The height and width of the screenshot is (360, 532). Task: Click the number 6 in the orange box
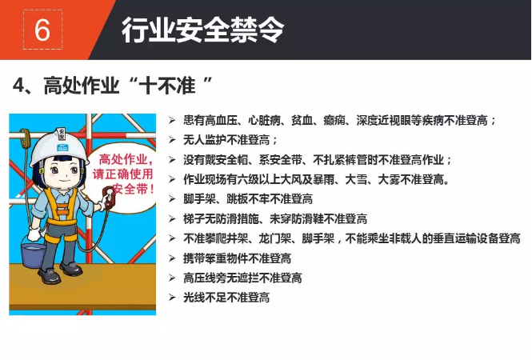pyautogui.click(x=42, y=30)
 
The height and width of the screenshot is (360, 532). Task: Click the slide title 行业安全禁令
pyautogui.click(x=202, y=30)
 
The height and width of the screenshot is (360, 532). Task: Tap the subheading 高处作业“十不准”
pyautogui.click(x=129, y=85)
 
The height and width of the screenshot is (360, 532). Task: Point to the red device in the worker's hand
pyautogui.click(x=109, y=196)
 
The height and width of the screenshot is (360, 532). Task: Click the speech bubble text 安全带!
pyautogui.click(x=134, y=189)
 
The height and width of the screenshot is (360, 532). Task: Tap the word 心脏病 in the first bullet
pyautogui.click(x=264, y=120)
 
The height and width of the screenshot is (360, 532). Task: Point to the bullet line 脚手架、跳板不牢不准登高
pyautogui.click(x=248, y=199)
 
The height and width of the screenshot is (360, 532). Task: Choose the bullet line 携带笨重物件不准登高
pyautogui.click(x=237, y=258)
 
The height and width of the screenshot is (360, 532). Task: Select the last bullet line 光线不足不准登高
pyautogui.click(x=226, y=298)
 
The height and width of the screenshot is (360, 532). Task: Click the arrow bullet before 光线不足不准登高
pyautogui.click(x=172, y=298)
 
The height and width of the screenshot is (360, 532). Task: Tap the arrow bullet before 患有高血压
pyautogui.click(x=172, y=120)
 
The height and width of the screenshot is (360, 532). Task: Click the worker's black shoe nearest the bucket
pyautogui.click(x=50, y=275)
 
